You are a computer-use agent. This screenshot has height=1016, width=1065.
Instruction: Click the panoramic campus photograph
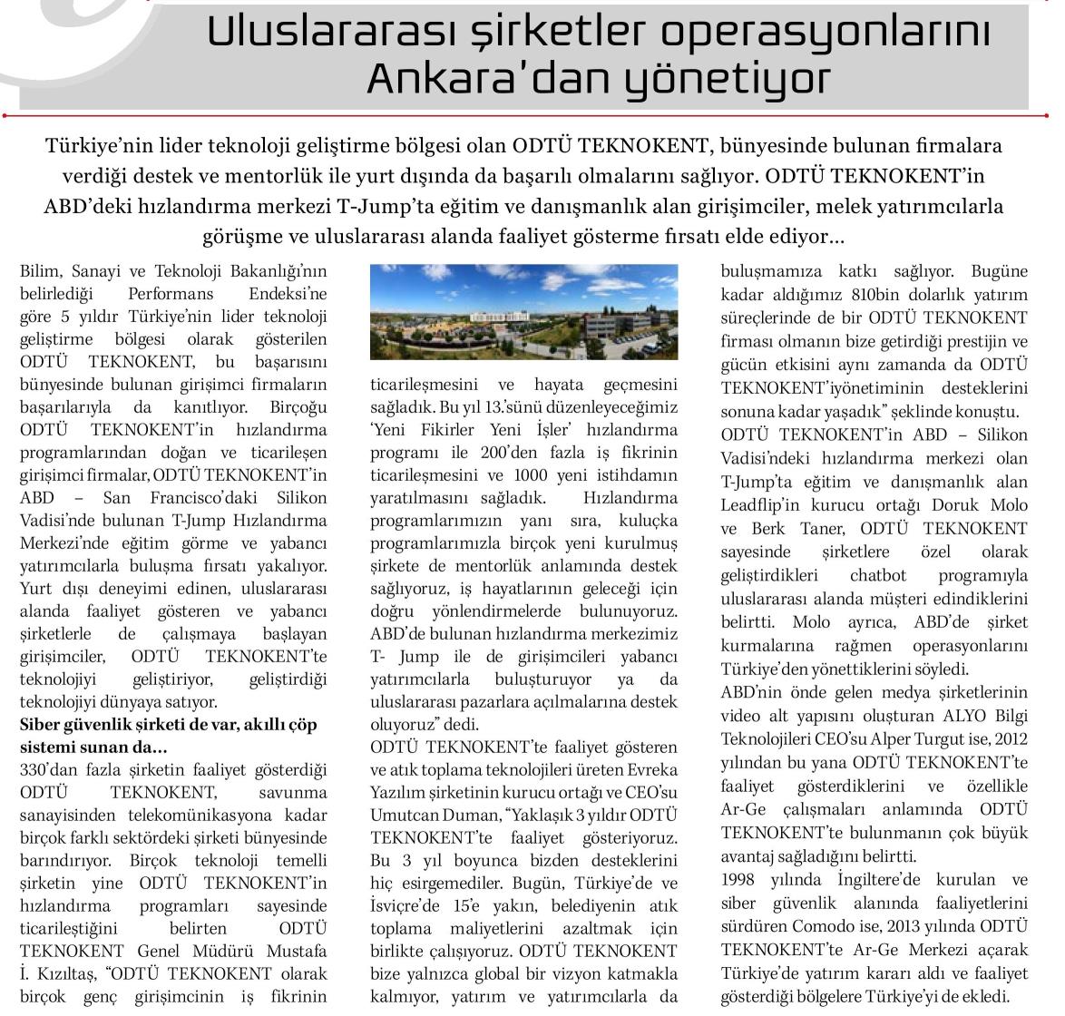click(523, 311)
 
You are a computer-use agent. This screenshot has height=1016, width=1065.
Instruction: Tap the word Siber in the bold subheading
click(41, 724)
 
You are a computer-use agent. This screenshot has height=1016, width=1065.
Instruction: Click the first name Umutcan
click(405, 816)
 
